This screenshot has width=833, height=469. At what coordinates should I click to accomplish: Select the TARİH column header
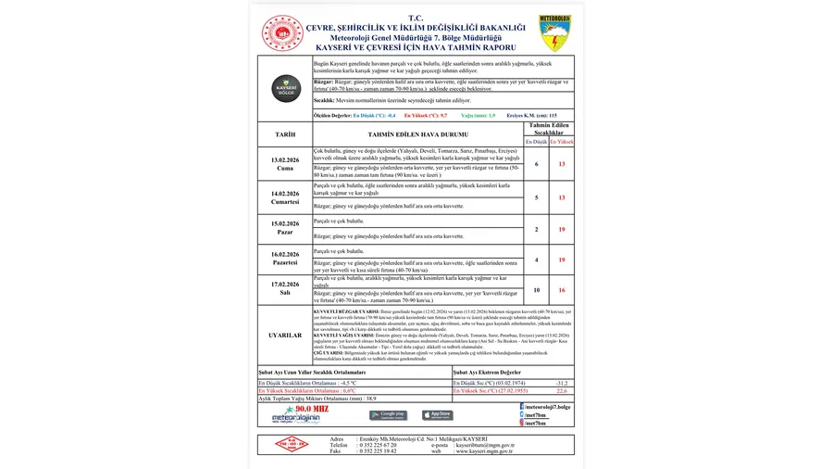point(285,134)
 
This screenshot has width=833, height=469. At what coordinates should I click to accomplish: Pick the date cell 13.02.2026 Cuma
point(285,163)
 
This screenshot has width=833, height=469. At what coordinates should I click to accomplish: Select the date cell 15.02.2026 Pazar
point(285,228)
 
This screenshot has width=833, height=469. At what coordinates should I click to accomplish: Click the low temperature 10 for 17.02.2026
point(537,290)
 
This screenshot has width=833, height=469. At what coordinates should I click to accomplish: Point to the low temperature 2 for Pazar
point(537,229)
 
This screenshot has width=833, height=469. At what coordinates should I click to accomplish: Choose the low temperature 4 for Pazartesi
point(537,260)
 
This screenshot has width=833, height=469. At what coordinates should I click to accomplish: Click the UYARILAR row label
point(285,335)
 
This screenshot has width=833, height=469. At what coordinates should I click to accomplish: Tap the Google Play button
point(388,414)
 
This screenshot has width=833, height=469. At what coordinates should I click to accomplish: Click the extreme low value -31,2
point(561,382)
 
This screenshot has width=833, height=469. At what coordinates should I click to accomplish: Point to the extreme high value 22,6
point(561,390)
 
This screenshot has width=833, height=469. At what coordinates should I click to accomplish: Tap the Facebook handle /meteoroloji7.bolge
point(547,406)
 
